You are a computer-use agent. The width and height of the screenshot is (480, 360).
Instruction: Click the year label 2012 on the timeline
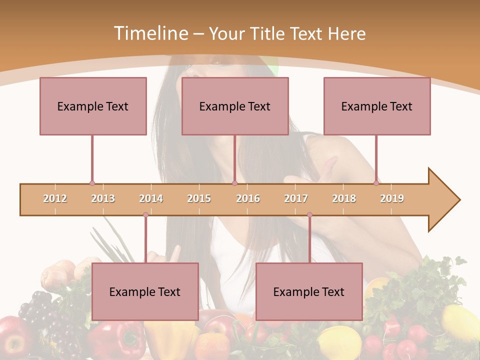pos(55,198)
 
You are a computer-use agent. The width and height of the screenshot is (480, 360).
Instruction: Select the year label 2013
pos(103,198)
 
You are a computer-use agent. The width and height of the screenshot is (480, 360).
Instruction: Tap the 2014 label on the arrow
pos(151,198)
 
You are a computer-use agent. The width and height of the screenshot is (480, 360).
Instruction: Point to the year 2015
pos(199,198)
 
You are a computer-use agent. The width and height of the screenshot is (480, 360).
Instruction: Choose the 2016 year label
pos(248,198)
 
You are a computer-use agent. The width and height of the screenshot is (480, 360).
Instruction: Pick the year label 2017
pos(296,198)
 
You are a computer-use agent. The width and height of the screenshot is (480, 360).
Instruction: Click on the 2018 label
pos(344,198)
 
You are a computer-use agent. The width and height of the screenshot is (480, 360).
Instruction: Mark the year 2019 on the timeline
pos(392,198)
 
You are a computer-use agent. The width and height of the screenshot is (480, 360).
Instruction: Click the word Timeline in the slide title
pos(150,33)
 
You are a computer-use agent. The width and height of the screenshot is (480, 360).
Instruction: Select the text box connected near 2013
pos(93,106)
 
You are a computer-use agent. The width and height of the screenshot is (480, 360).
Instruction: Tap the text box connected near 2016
pos(235,106)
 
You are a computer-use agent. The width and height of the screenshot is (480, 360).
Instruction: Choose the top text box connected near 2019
pos(377,106)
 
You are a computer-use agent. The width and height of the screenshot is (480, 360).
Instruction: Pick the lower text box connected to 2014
pos(145,291)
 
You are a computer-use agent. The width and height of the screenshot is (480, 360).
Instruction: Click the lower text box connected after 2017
pos(309,291)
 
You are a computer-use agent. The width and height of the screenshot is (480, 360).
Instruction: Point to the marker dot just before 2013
pos(92,183)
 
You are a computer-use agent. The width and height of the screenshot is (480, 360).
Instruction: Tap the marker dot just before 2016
pos(234,183)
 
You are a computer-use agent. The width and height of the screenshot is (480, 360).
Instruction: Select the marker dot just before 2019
pos(376,183)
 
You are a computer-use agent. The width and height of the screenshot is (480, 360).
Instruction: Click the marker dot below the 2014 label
pos(145,215)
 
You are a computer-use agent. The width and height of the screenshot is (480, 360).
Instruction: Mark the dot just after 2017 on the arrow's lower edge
pos(309,215)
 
